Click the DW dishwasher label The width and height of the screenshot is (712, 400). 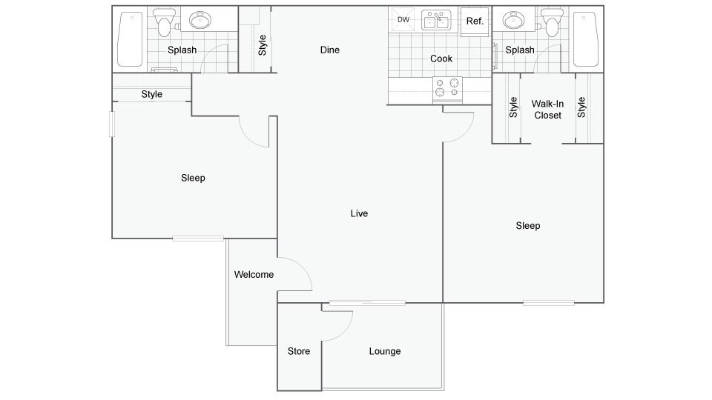[x=403, y=19]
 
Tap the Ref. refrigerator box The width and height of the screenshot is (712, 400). [x=475, y=21]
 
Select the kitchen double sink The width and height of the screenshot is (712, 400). [x=436, y=20]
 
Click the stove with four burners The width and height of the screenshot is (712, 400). [x=447, y=88]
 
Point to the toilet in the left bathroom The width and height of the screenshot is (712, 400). [x=163, y=21]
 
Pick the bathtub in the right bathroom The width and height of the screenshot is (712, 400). [x=586, y=39]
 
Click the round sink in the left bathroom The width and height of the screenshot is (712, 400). [x=200, y=21]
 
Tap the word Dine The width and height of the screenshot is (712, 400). [x=329, y=50]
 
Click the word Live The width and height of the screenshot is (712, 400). [x=359, y=213]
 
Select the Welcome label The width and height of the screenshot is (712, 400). [x=254, y=274]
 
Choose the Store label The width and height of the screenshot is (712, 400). [x=299, y=351]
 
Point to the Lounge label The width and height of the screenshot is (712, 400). [x=385, y=351]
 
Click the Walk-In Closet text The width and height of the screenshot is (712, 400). [x=547, y=110]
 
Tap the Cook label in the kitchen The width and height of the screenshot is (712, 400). [x=441, y=59]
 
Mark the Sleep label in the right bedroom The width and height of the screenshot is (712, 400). [x=527, y=226]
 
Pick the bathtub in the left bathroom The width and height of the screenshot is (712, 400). [x=131, y=39]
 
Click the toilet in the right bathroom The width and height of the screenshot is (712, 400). [x=551, y=21]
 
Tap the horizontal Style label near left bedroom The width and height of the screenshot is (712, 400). [x=151, y=94]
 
